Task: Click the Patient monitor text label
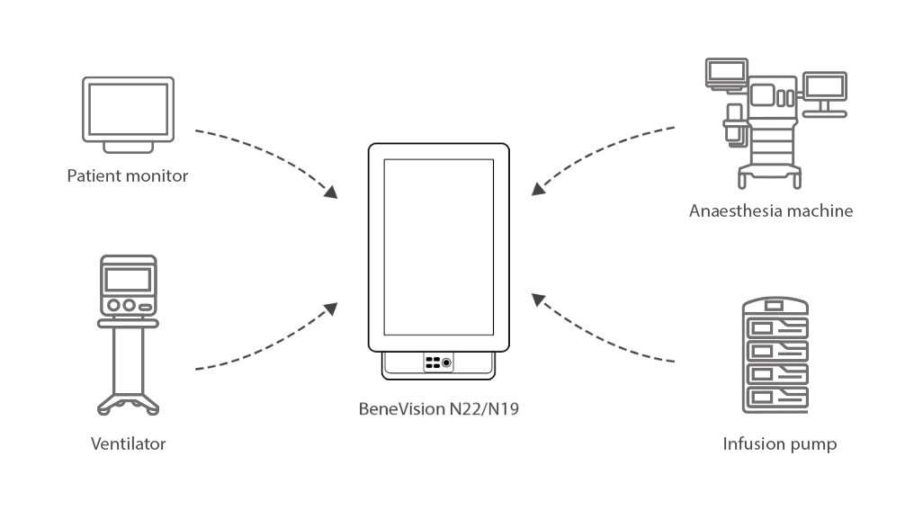(x=128, y=175)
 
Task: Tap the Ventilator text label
(x=129, y=443)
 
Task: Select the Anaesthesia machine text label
(x=771, y=211)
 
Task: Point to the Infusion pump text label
(x=779, y=443)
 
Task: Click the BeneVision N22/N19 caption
(x=438, y=409)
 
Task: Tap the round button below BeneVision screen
(x=447, y=362)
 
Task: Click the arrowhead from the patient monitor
(x=332, y=192)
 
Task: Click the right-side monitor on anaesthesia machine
(x=824, y=88)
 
